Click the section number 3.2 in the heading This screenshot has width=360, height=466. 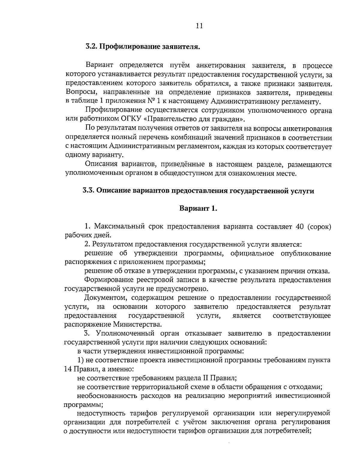(x=91, y=47)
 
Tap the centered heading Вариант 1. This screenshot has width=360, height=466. (x=198, y=209)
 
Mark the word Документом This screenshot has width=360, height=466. (x=102, y=298)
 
